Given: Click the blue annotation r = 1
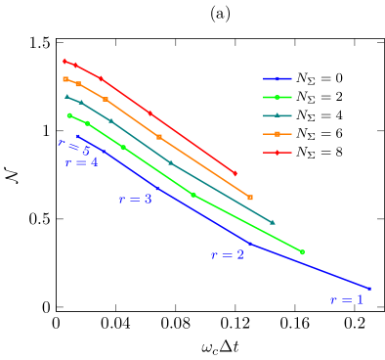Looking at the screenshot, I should click(346, 300).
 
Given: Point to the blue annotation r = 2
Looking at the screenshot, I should click(228, 255).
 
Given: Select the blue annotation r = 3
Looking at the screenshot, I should click(135, 199).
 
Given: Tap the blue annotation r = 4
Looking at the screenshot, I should click(81, 163).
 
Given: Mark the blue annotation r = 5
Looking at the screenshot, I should click(73, 148).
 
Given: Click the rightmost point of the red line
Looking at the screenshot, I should click(235, 173).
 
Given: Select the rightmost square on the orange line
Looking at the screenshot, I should click(250, 198).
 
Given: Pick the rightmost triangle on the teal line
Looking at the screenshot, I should click(273, 223).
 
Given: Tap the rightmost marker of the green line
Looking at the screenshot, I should click(302, 252).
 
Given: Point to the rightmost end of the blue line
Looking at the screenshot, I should click(370, 289).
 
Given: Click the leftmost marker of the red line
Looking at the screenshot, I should click(64, 62).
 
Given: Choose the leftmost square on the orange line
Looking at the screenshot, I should click(65, 79).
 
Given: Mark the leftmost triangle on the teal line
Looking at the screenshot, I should click(66, 96).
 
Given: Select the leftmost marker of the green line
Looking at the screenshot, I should click(69, 115).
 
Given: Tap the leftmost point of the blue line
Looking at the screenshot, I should click(77, 136).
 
